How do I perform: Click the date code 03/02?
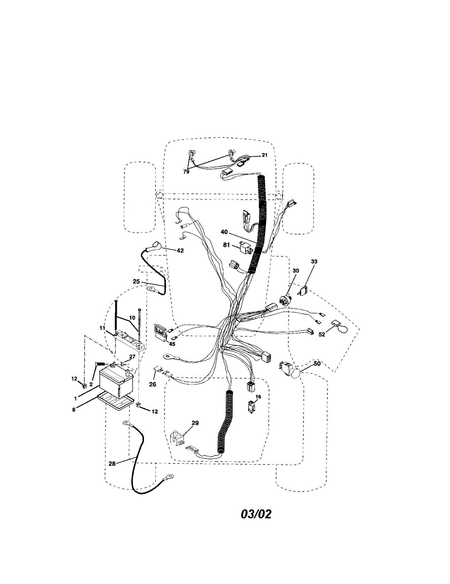pyautogui.click(x=256, y=514)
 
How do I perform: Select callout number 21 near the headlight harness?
pyautogui.click(x=264, y=155)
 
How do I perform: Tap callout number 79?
pyautogui.click(x=186, y=172)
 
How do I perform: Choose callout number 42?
pyautogui.click(x=180, y=251)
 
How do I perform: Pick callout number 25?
pyautogui.click(x=136, y=281)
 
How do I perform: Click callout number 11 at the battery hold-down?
pyautogui.click(x=102, y=328)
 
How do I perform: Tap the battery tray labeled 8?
pyautogui.click(x=116, y=401)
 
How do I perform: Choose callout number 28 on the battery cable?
pyautogui.click(x=112, y=464)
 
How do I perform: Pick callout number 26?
pyautogui.click(x=152, y=384)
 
